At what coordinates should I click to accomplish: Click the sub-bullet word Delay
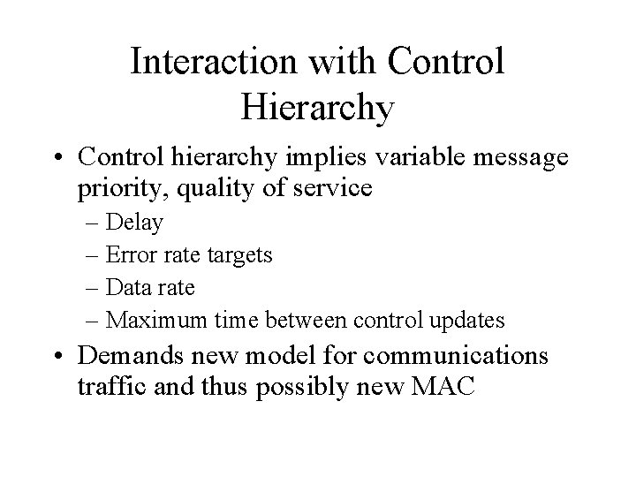133,223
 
